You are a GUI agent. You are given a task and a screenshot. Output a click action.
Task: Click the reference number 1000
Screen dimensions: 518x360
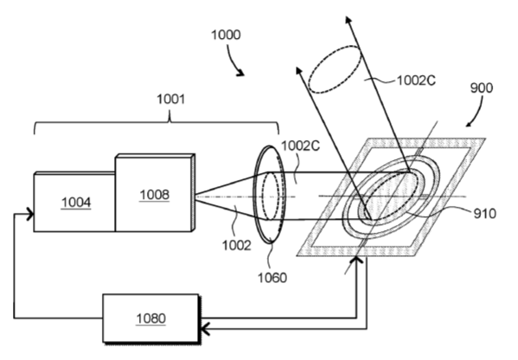226,35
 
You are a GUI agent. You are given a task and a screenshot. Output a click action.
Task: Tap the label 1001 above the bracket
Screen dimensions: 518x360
170,99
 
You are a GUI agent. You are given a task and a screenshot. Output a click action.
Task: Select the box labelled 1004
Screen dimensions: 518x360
74,202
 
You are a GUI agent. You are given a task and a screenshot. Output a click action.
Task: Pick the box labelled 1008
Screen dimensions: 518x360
155,193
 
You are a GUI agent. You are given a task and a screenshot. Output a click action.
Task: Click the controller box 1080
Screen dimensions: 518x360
151,318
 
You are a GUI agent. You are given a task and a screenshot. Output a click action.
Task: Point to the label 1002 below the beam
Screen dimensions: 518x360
236,245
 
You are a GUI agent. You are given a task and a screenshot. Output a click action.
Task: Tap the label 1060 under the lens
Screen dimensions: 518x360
272,278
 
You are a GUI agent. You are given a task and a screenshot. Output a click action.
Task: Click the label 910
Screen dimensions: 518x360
484,214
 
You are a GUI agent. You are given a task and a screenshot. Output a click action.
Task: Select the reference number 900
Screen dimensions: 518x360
482,88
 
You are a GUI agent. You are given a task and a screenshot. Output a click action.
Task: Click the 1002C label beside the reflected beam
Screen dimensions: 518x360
416,80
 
